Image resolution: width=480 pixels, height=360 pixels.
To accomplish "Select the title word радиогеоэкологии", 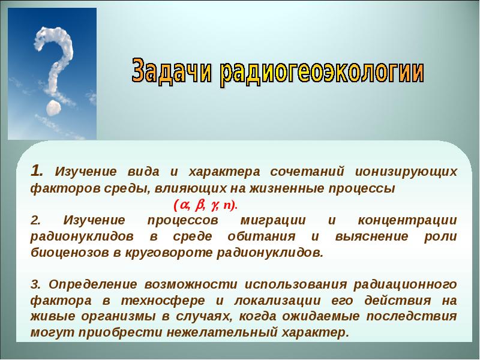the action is [322, 72].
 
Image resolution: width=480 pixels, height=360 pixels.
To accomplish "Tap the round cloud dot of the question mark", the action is [53, 107].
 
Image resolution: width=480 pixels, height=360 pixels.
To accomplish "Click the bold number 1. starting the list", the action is [37, 171].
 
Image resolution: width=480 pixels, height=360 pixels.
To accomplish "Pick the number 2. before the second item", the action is [35, 220].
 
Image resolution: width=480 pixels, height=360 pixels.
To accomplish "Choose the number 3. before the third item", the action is [35, 284].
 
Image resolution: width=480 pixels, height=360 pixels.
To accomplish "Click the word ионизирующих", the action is [406, 172].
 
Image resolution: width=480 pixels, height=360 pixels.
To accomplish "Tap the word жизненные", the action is [286, 188].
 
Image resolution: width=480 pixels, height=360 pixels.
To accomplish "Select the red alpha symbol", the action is [184, 205].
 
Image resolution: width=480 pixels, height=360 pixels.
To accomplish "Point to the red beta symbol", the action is [199, 205].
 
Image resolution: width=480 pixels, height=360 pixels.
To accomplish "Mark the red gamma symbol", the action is [214, 205].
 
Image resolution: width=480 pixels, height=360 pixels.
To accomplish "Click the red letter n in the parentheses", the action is [227, 205].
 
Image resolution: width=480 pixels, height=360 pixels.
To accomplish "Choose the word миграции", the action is [273, 220].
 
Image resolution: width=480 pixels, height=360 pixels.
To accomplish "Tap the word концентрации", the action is [407, 221].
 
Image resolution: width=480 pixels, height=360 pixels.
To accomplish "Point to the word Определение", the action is [93, 284].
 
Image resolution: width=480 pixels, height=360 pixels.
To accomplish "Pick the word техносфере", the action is [163, 301].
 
